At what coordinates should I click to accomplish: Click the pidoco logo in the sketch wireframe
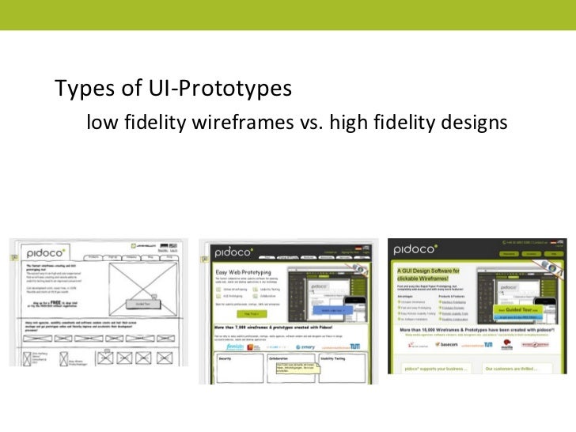[45, 252]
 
